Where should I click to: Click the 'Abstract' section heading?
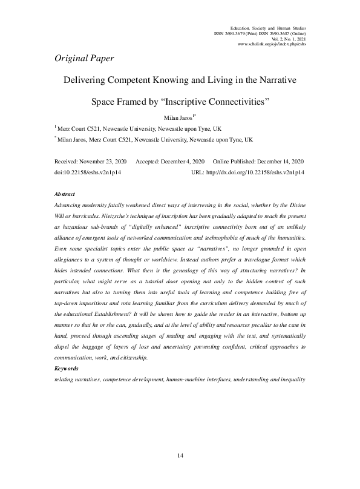65,195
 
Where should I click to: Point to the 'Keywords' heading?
66,368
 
